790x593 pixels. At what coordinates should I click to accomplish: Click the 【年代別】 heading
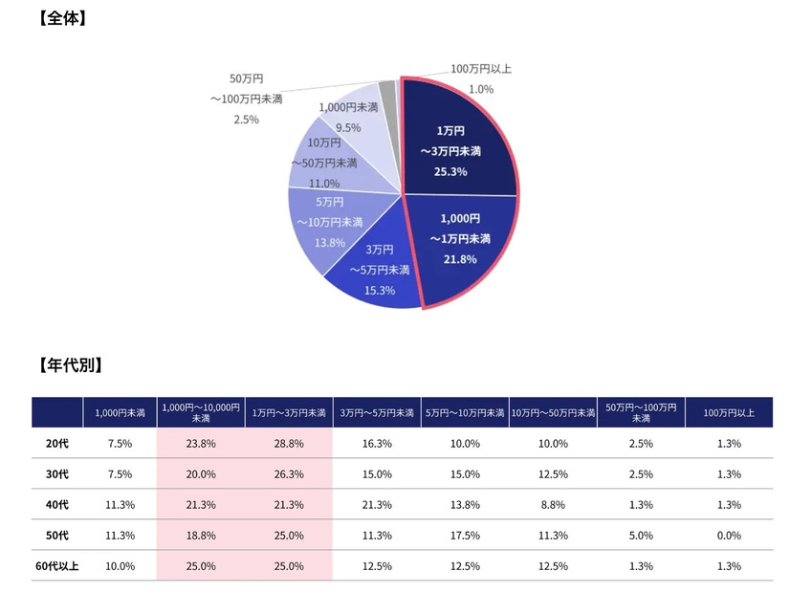[x=70, y=364]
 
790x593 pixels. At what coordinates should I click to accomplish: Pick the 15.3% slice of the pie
[x=373, y=277]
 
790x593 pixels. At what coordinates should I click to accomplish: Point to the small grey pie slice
[x=387, y=91]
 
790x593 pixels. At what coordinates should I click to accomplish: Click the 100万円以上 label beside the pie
[x=481, y=69]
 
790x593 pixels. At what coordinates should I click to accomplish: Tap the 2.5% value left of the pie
[x=246, y=120]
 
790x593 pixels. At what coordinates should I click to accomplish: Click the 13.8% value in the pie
[x=329, y=242]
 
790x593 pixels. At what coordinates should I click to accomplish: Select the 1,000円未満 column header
[x=120, y=412]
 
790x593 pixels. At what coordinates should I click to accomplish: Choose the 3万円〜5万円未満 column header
[x=377, y=412]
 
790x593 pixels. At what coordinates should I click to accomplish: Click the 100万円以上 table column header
[x=729, y=412]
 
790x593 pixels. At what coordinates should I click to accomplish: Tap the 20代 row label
[x=56, y=444]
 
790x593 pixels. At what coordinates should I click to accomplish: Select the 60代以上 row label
[x=56, y=566]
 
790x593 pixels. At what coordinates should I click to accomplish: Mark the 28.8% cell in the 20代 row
[x=289, y=444]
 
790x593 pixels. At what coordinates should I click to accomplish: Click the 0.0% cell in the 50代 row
[x=729, y=536]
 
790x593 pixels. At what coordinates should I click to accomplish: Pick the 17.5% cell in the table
[x=465, y=536]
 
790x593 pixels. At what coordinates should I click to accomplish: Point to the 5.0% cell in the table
[x=641, y=536]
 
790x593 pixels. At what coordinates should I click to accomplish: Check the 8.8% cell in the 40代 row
[x=553, y=505]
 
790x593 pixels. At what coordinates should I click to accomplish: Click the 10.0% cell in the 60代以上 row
[x=120, y=566]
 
